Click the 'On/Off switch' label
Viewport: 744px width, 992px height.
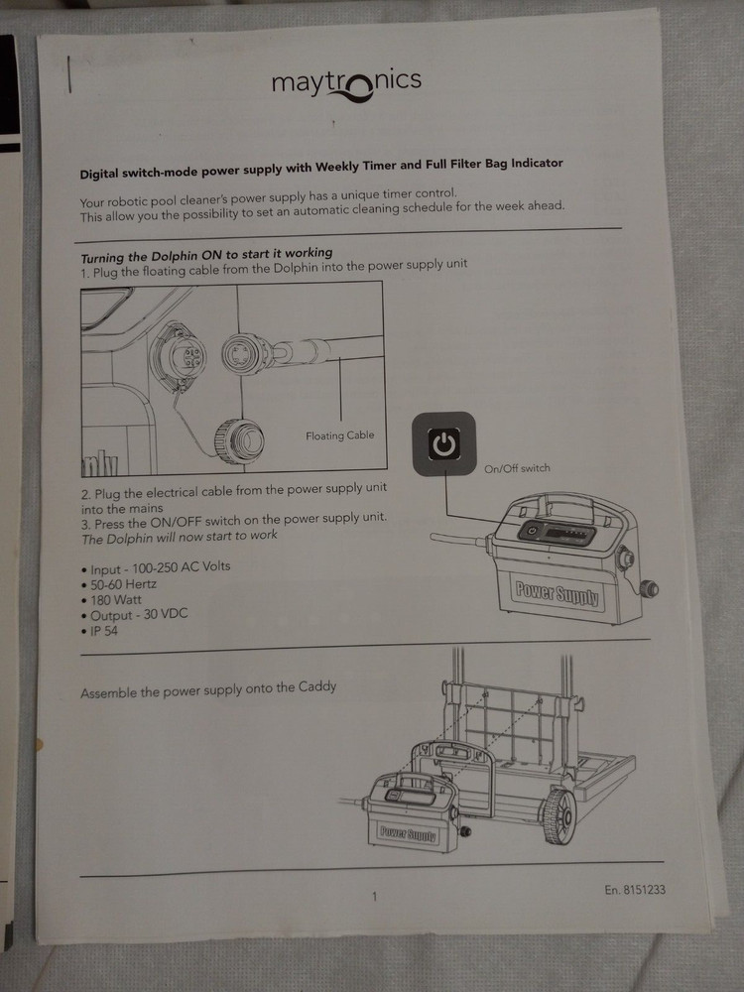click(x=516, y=468)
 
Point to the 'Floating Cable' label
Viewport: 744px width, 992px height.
click(x=339, y=435)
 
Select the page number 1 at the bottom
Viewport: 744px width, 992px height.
click(x=374, y=897)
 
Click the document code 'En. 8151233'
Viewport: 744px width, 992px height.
click(x=634, y=890)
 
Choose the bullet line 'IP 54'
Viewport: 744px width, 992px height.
click(x=106, y=631)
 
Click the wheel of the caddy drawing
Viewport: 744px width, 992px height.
click(x=558, y=817)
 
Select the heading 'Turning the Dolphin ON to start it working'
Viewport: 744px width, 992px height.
click(x=206, y=253)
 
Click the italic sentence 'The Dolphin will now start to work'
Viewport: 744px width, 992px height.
click(x=180, y=536)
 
